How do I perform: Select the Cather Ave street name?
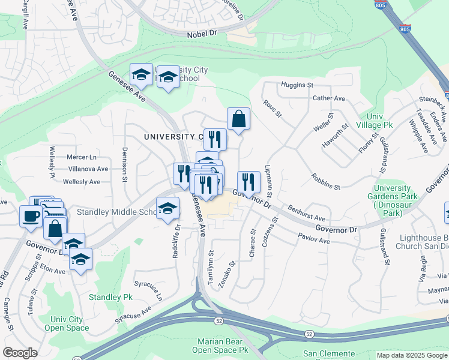point(329,98)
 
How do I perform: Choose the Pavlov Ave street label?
point(315,241)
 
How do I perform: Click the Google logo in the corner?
point(20,352)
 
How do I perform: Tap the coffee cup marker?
point(30,216)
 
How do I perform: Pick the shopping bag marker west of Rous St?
point(238,118)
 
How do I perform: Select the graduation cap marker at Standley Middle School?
point(167,208)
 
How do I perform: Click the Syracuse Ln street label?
point(148,290)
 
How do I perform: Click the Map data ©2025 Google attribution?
point(412,355)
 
